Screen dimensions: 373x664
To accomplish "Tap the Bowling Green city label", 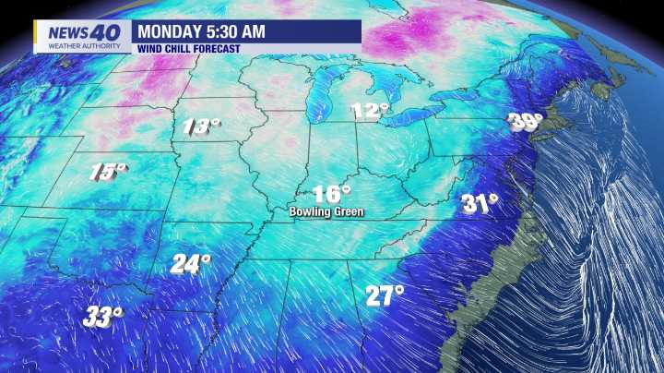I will [326, 212].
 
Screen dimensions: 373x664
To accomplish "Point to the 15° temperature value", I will [107, 171].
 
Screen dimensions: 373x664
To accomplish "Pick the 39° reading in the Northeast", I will [526, 122].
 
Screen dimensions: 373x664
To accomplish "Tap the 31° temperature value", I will [480, 203].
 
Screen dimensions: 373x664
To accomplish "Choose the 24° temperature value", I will [190, 264].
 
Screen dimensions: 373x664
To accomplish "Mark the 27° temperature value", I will [384, 295].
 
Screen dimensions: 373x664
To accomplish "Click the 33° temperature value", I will [103, 318].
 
